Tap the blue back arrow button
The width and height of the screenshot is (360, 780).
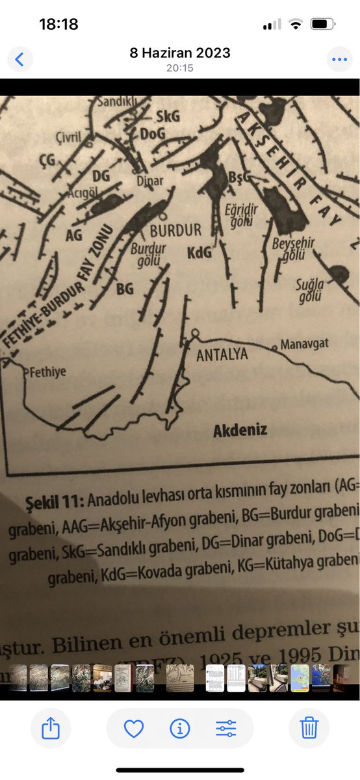pos(19,60)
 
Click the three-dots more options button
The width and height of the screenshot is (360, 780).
pos(339,60)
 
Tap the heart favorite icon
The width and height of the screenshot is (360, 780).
pos(134,729)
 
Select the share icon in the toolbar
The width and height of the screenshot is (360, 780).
pos(51,729)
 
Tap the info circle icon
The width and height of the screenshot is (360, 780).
pos(179,729)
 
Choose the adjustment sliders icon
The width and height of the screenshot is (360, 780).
pos(226,729)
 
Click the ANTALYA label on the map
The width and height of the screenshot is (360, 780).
pos(222,355)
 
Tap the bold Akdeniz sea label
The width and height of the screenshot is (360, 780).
pos(240,430)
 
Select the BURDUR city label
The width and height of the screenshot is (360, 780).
pos(175,230)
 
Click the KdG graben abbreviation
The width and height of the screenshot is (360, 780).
pos(199,253)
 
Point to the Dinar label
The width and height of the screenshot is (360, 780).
pos(149,181)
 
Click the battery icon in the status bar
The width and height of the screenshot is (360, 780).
pos(322,25)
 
